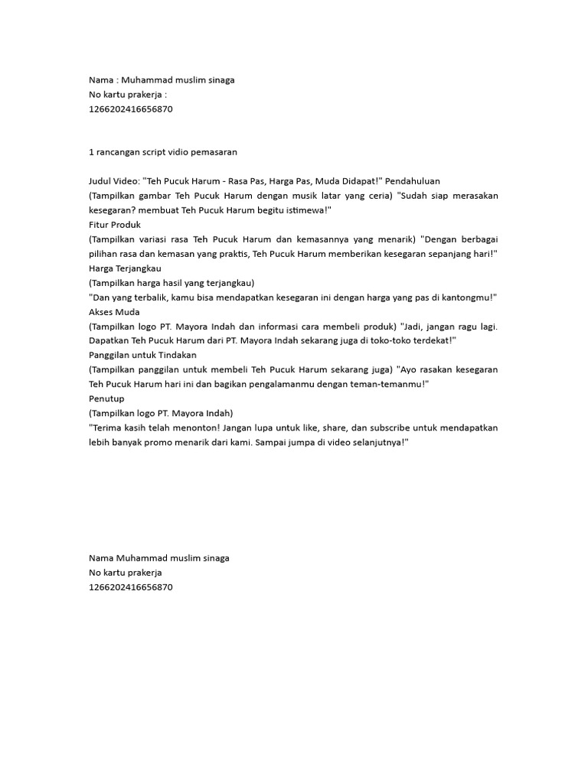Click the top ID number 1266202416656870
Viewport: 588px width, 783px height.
pos(131,109)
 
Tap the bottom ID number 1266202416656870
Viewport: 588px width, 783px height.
pos(131,587)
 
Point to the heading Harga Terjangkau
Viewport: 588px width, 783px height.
pos(125,268)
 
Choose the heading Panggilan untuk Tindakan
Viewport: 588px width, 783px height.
pos(143,356)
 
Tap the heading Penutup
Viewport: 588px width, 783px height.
pos(106,399)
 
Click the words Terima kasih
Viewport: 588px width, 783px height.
pos(118,428)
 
